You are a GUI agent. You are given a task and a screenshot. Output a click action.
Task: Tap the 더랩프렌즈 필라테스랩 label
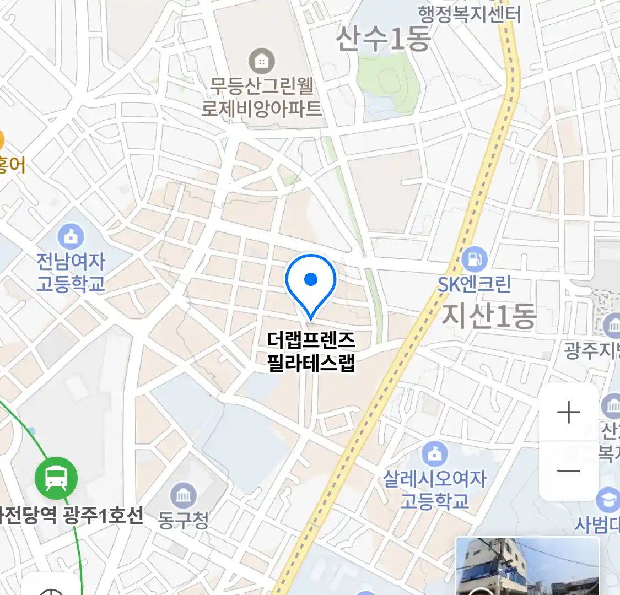tap(311, 351)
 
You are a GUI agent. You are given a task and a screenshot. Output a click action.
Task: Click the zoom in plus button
tap(569, 413)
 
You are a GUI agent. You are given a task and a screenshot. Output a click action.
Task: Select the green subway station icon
tap(56, 478)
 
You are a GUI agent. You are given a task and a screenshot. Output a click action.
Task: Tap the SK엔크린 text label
tap(475, 284)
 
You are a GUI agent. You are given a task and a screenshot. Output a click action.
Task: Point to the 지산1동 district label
tap(489, 316)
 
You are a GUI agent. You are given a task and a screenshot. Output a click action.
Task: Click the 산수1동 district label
tap(384, 39)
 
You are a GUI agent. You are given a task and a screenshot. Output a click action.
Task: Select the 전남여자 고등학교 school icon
tap(71, 236)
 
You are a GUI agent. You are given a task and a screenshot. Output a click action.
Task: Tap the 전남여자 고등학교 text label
tap(71, 272)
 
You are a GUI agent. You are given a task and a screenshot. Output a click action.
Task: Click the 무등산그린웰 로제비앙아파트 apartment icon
tap(262, 61)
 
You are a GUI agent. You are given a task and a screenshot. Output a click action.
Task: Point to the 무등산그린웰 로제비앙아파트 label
tap(262, 97)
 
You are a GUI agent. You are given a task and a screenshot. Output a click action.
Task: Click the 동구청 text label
tap(183, 520)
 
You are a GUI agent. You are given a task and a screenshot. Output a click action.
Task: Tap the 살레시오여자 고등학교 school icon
tap(435, 453)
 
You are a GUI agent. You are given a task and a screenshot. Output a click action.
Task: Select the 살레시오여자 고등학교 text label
tap(435, 490)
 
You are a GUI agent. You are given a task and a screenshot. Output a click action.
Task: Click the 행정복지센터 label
tap(470, 14)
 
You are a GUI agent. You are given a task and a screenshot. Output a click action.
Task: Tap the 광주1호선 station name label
tap(72, 516)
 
